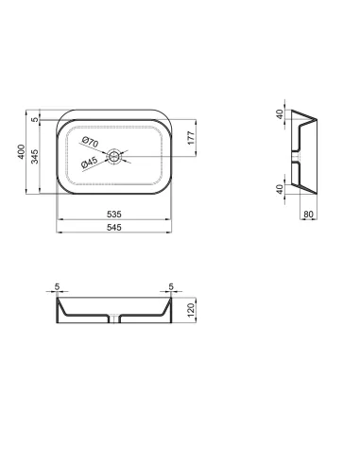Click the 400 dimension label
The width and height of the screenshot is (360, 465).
23,152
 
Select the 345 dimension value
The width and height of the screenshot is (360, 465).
37,156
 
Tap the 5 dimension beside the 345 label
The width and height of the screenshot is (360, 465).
37,120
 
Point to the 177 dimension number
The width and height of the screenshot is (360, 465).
191,138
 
